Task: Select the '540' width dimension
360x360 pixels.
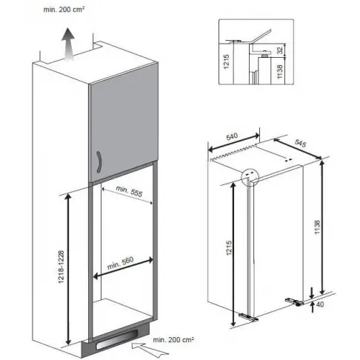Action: pos(233,138)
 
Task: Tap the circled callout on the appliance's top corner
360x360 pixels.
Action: pos(250,174)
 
